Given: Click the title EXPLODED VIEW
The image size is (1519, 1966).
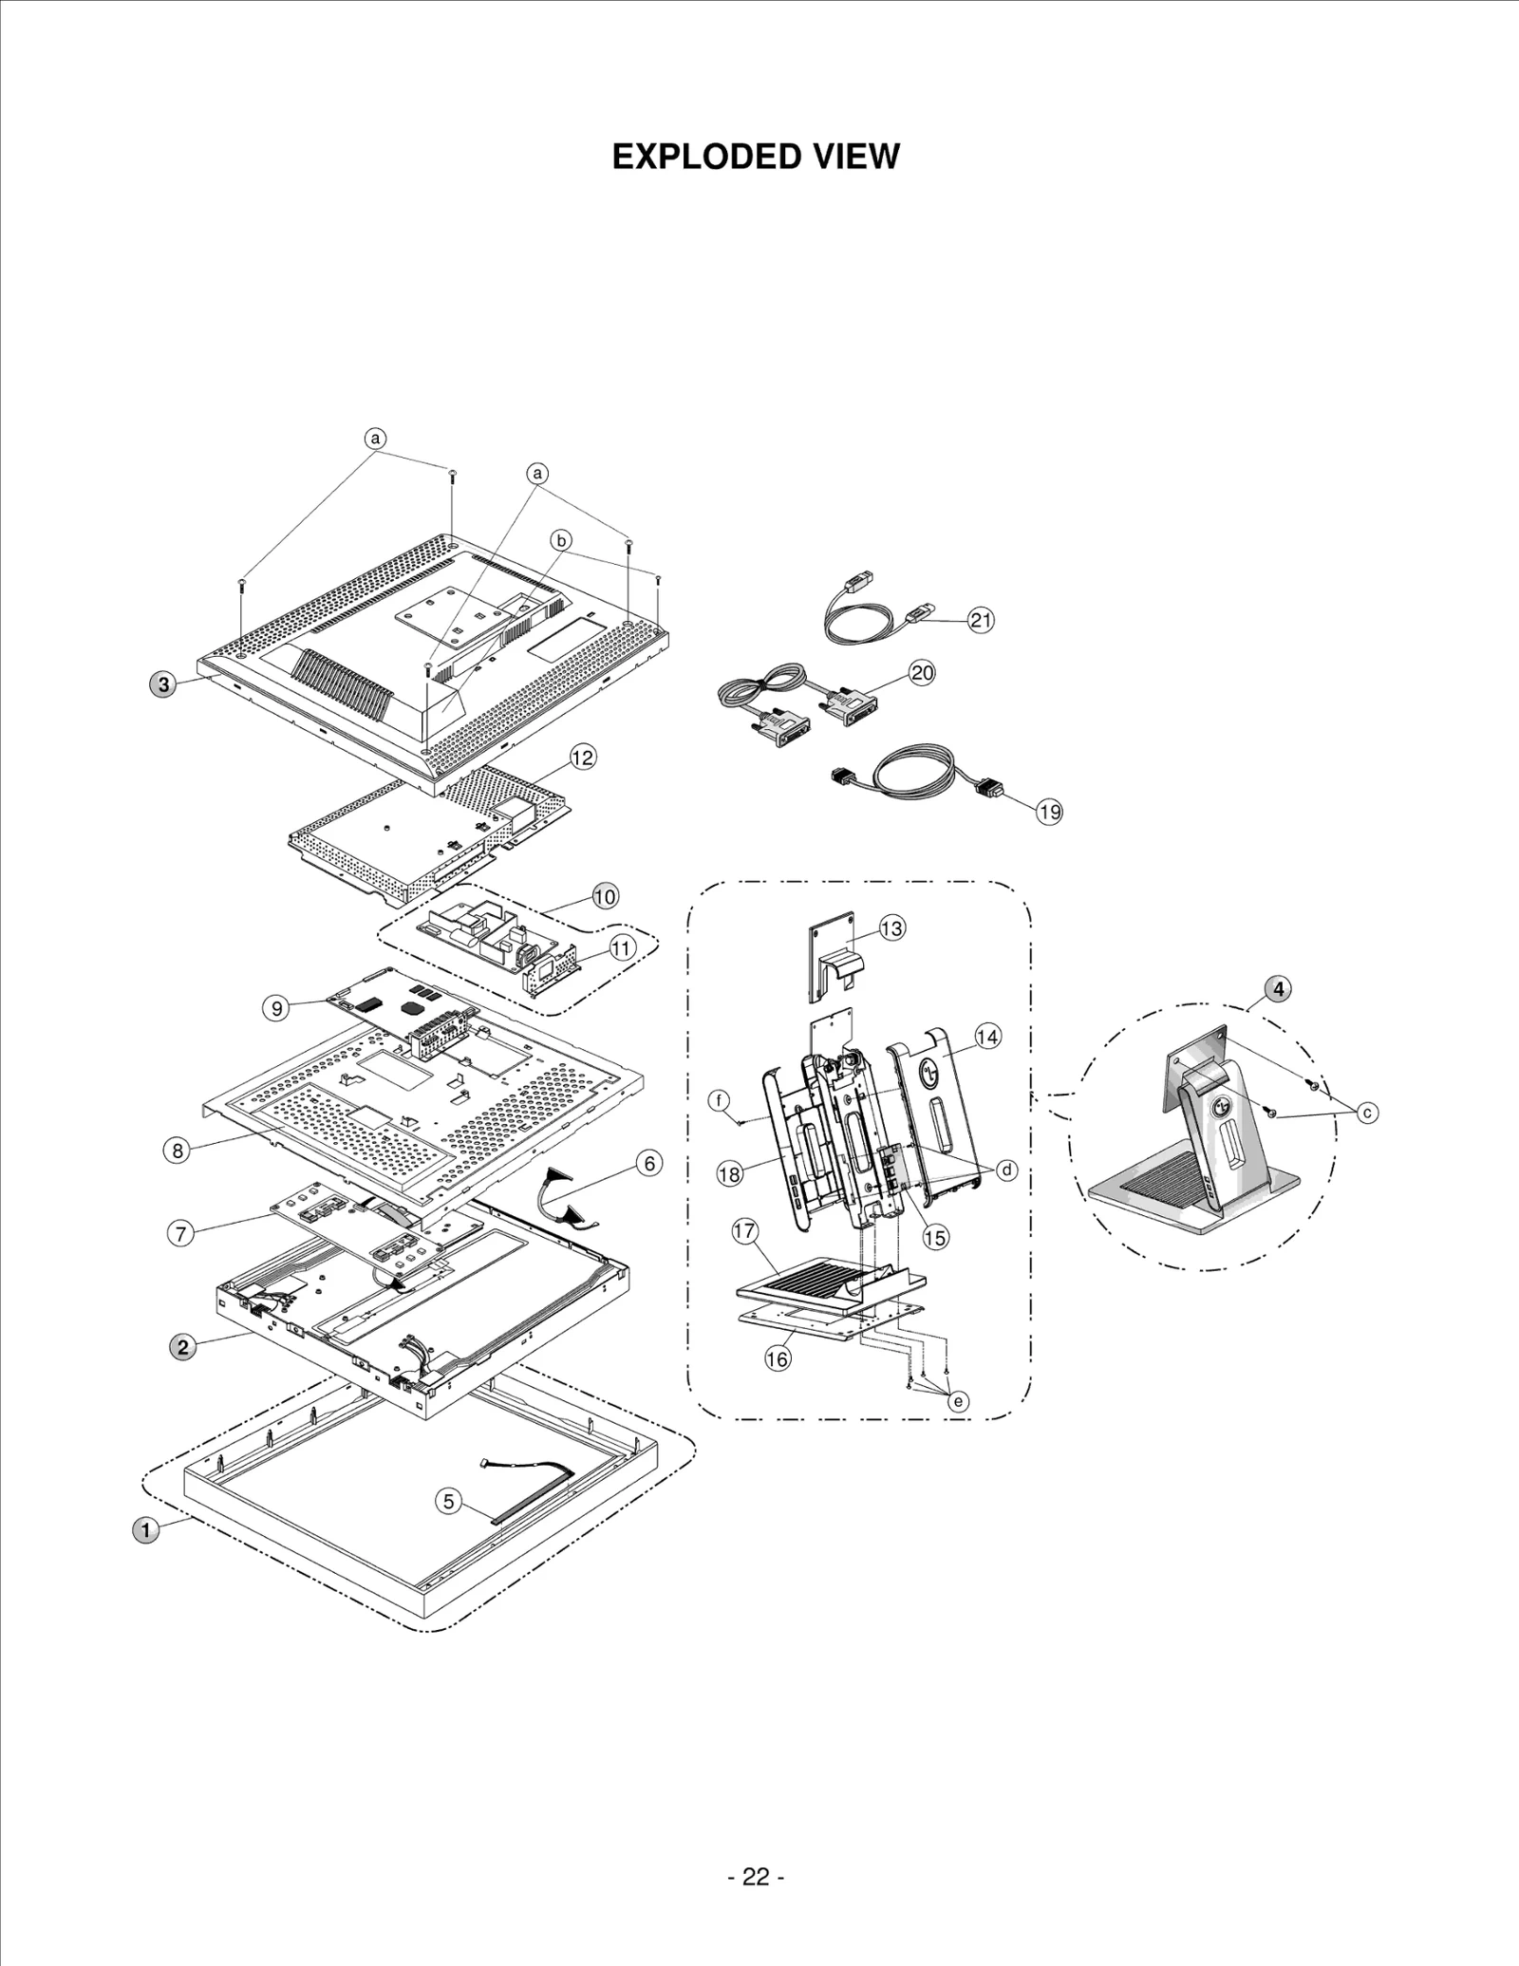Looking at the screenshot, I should (755, 157).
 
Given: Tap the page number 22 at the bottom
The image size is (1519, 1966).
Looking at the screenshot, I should (756, 1877).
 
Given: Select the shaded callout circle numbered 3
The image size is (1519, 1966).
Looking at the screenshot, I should (163, 684).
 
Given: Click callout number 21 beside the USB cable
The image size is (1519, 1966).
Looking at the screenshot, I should (981, 621).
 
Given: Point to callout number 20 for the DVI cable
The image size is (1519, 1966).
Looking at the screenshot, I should (922, 673).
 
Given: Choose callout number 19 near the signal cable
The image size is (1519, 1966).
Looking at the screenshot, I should (1049, 812).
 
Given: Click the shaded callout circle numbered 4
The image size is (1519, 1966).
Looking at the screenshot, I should (1279, 988).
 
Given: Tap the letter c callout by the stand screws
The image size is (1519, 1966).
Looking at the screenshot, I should (1367, 1112).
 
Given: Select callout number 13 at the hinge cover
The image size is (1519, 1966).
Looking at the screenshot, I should (891, 927).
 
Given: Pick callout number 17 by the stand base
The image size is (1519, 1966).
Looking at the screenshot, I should (745, 1231).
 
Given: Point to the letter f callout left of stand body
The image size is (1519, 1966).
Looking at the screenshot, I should (721, 1100).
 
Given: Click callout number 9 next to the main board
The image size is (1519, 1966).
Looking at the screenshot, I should (276, 1007).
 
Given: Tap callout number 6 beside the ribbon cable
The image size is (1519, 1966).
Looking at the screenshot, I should (648, 1163).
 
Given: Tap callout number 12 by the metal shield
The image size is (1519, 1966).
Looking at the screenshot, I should (583, 757).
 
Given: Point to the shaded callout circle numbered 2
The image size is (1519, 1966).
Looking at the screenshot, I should (182, 1346).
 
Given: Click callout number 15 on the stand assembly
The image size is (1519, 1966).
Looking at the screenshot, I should (935, 1237).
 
